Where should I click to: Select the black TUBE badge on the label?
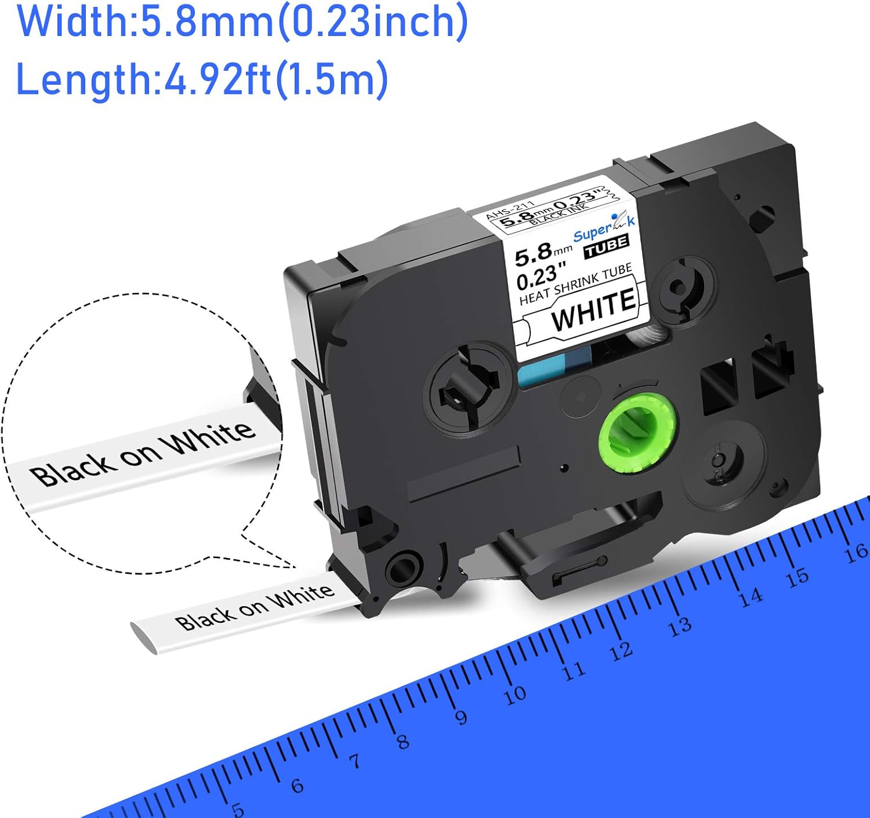[x=607, y=247]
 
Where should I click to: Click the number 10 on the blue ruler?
[x=514, y=694]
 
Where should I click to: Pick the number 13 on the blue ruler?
[x=679, y=626]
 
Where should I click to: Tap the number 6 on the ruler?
[x=297, y=786]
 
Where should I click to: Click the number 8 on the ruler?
[x=403, y=741]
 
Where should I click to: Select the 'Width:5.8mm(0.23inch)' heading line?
[x=242, y=21]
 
